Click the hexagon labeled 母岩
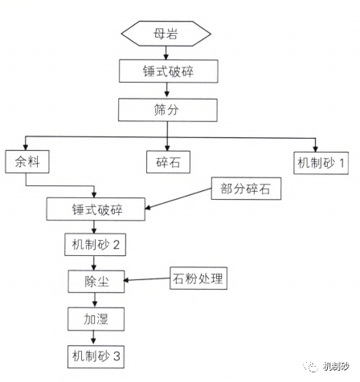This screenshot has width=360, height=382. [166, 35]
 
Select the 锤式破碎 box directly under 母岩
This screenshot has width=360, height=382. [166, 71]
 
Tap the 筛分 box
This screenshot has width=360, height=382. [166, 108]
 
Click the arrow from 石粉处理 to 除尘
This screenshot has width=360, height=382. [146, 280]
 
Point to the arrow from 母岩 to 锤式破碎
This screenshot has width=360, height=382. [166, 52]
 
